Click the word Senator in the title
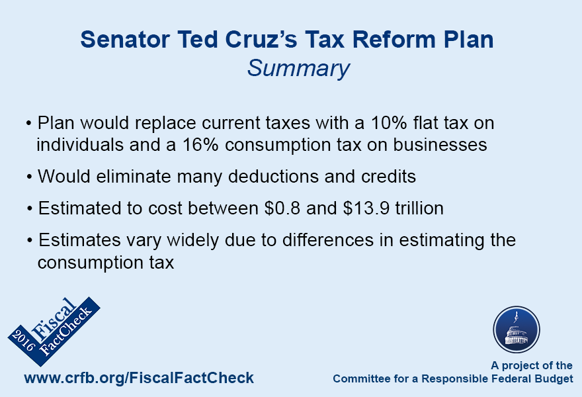125,39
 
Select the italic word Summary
298,69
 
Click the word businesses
440,145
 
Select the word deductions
273,177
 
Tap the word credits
388,177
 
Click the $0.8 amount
282,208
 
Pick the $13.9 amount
366,208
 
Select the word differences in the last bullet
328,240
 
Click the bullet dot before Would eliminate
29,177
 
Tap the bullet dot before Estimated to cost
30,208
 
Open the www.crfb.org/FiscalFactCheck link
139,378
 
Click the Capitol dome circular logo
517,330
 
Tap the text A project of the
532,365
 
